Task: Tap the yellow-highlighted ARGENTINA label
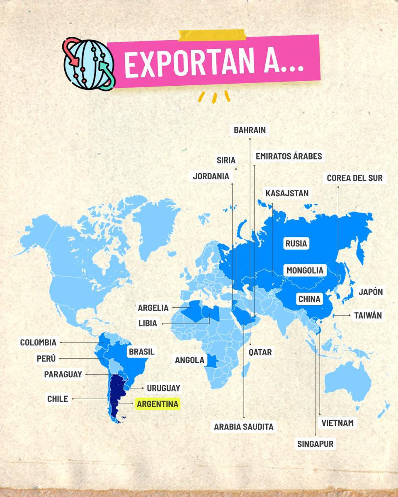point(158,404)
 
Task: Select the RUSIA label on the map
point(296,243)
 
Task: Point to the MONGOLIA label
point(305,270)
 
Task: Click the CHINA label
point(309,299)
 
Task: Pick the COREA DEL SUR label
point(354,178)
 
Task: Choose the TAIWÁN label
point(368,316)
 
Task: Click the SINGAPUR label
point(315,444)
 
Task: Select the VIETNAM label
point(337,423)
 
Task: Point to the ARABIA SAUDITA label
point(244,426)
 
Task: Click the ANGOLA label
point(189,360)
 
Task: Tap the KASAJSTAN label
point(287,193)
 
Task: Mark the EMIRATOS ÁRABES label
point(289,156)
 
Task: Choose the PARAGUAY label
point(63,374)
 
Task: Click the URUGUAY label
point(163,388)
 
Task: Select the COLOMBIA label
point(38,343)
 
